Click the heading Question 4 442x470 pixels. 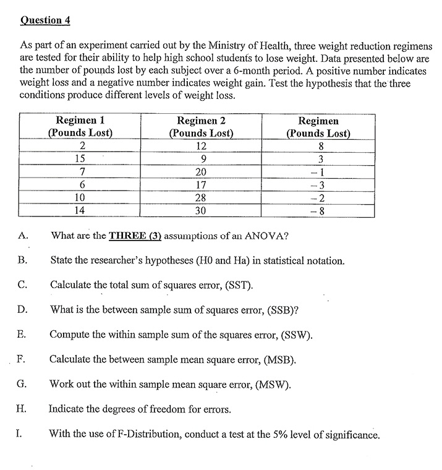tap(45, 20)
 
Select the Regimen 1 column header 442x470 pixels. tap(80, 127)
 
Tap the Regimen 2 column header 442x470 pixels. tap(201, 127)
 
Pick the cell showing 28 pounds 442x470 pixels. tap(201, 198)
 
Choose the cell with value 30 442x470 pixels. tap(201, 211)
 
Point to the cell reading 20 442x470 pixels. tap(201, 172)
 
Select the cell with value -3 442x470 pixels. tap(318, 185)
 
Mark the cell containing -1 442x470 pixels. tap(318, 172)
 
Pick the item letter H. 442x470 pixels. tap(22, 409)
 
